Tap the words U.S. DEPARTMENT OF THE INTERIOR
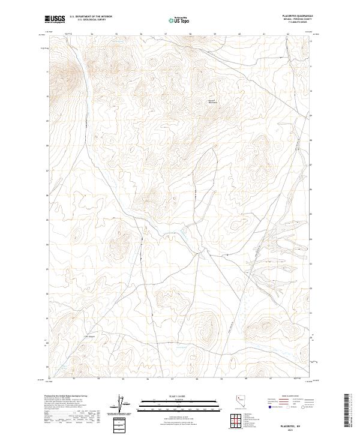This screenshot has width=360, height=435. (91, 17)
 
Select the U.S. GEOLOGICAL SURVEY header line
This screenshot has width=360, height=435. (91, 20)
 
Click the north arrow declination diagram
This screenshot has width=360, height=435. (124, 404)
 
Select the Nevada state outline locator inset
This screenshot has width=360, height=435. (241, 404)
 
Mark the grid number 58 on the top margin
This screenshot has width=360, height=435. (191, 34)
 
